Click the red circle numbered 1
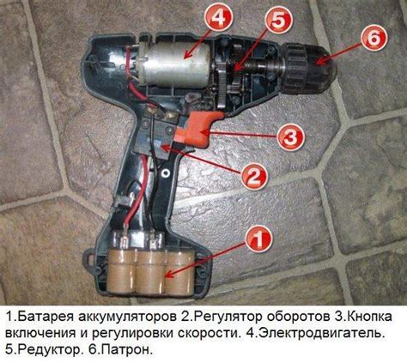pyautogui.click(x=258, y=239)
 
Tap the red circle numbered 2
pyautogui.click(x=254, y=175)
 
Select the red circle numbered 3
pyautogui.click(x=290, y=138)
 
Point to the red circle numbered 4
pyautogui.click(x=219, y=19)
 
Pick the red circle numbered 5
pyautogui.click(x=278, y=21)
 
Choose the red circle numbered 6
pyautogui.click(x=374, y=38)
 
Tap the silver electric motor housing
pyautogui.click(x=175, y=66)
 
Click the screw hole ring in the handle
pyautogui.click(x=165, y=172)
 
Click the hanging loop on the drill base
pyautogui.click(x=89, y=259)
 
